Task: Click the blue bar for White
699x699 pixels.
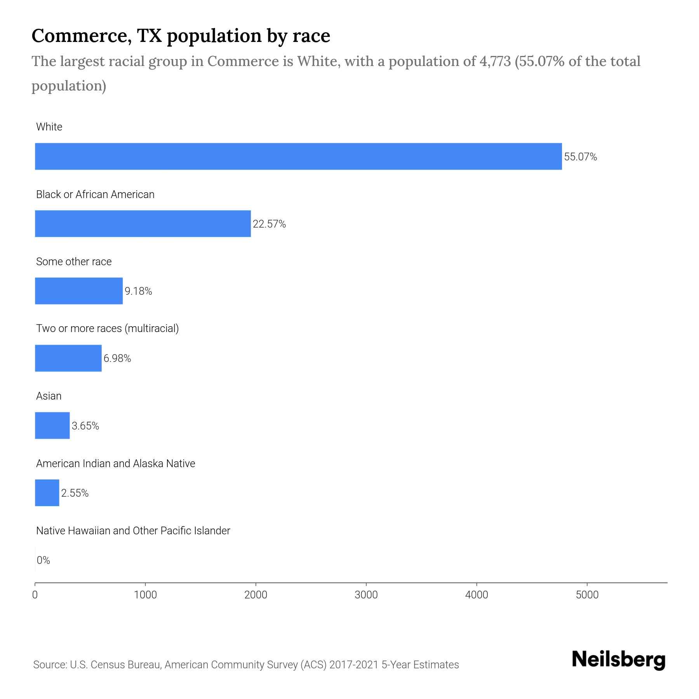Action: [298, 156]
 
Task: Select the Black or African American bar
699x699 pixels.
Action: [143, 224]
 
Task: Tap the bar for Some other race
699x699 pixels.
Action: [79, 291]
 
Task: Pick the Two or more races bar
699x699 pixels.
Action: [68, 358]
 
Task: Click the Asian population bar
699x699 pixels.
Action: [52, 426]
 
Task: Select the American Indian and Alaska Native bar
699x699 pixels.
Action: [47, 493]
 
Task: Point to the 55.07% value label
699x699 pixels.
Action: [580, 157]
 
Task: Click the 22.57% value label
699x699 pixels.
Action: [269, 224]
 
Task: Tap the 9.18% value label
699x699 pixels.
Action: [138, 291]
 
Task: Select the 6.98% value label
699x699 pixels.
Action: [117, 358]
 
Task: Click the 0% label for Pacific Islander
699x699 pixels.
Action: [43, 560]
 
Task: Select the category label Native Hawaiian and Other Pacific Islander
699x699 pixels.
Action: [133, 531]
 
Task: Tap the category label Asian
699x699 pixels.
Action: [49, 396]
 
